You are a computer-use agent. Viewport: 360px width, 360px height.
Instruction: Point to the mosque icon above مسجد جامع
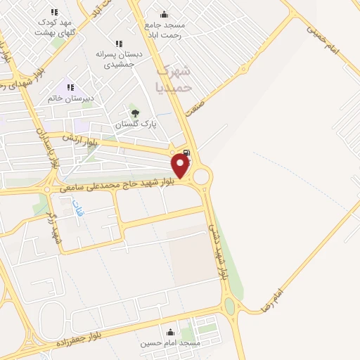coord(164,15)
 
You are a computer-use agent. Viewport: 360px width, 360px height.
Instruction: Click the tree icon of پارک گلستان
coord(135,112)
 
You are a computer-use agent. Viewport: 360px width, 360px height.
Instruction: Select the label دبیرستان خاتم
coord(70,98)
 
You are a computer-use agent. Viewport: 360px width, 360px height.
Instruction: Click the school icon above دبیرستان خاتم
coord(70,87)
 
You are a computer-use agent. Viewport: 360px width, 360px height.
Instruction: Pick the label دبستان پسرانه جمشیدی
coord(119,59)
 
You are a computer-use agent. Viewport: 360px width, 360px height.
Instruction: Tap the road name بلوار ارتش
coord(78,137)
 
